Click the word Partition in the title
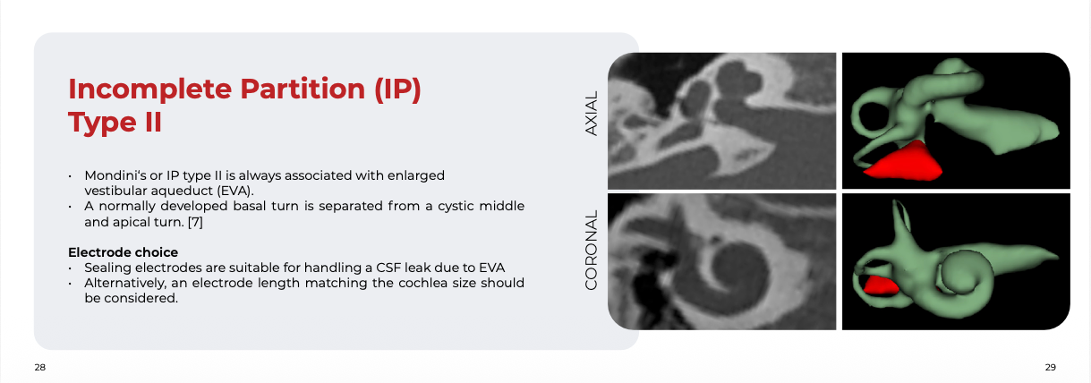[303, 89]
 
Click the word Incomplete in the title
[150, 90]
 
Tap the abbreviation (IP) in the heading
[397, 89]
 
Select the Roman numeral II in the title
[153, 122]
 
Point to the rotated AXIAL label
[591, 113]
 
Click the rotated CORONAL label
[591, 250]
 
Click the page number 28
[40, 368]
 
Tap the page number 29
[1050, 368]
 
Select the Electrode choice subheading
[123, 252]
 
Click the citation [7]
[195, 222]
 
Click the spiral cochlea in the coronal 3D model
[962, 276]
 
